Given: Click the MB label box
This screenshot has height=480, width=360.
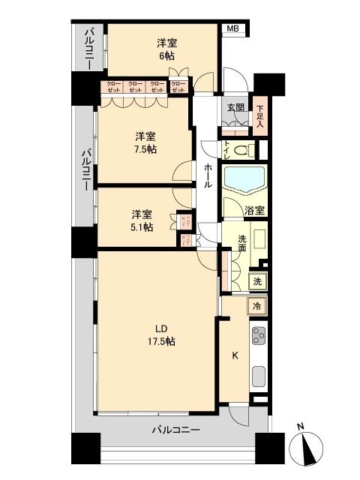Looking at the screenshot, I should pos(233,28).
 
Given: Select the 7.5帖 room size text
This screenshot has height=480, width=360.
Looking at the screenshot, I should pos(146,149).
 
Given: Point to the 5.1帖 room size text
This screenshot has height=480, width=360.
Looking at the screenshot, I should pos(142,227).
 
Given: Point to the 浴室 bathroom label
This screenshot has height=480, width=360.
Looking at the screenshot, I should pos(253,211).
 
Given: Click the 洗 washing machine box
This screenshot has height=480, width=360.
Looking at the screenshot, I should pos(256,282).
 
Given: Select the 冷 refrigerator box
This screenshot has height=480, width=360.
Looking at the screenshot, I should pos(257,306).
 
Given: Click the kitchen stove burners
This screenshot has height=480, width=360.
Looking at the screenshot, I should pos(259,338).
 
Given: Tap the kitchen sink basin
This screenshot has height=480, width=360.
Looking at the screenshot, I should pos(259,376).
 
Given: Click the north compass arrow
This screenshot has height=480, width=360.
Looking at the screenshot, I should pos(308,450).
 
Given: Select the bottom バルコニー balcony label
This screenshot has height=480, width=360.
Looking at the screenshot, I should pos(175,430).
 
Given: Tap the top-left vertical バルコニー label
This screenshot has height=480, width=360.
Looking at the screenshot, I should pos(88,48).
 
